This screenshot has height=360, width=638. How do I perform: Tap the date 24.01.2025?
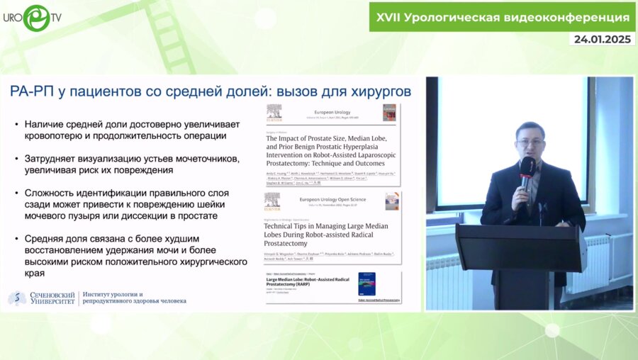pyautogui.click(x=602, y=40)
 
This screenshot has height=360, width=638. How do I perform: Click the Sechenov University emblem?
pyautogui.click(x=17, y=298)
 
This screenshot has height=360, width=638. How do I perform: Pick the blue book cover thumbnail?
pyautogui.click(x=366, y=283)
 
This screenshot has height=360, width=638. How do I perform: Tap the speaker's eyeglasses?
pyautogui.click(x=530, y=142)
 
